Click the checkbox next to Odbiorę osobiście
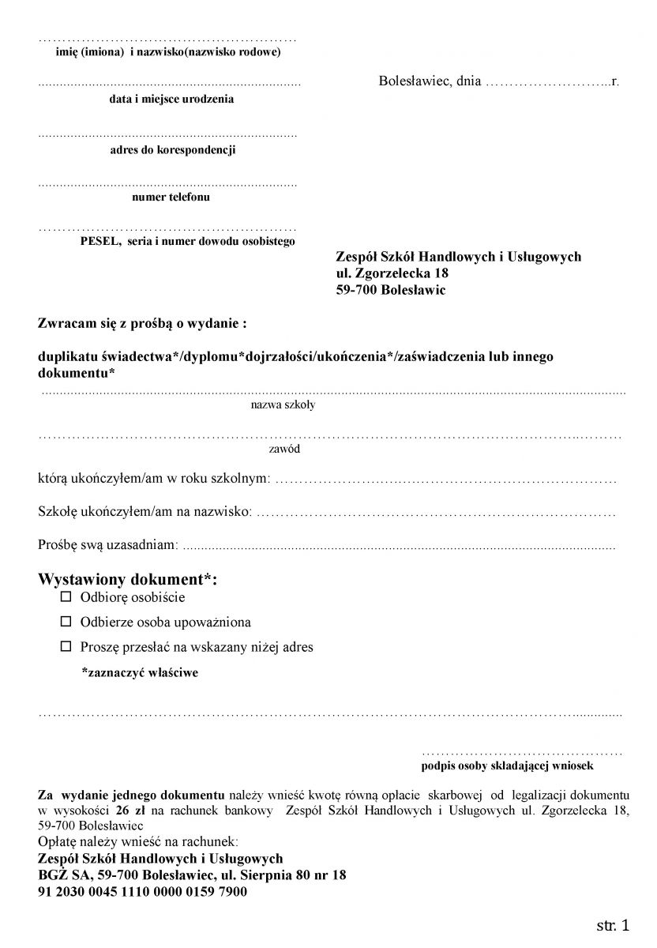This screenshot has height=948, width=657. (66, 597)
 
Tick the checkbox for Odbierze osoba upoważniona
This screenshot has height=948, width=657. (66, 622)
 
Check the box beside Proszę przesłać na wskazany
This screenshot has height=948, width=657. (66, 646)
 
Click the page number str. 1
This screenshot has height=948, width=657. (613, 925)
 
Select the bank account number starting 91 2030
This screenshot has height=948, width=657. (142, 891)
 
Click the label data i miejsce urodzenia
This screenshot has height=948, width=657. (171, 100)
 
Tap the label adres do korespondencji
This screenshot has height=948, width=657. (172, 150)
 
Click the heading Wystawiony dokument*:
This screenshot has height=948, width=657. (127, 579)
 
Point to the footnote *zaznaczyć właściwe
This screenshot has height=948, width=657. (140, 673)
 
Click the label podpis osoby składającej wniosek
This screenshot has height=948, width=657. (507, 766)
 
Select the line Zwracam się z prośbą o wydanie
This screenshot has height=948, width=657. (143, 323)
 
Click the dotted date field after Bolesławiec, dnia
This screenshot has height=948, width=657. (548, 82)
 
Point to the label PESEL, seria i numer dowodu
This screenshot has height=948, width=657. (187, 241)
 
